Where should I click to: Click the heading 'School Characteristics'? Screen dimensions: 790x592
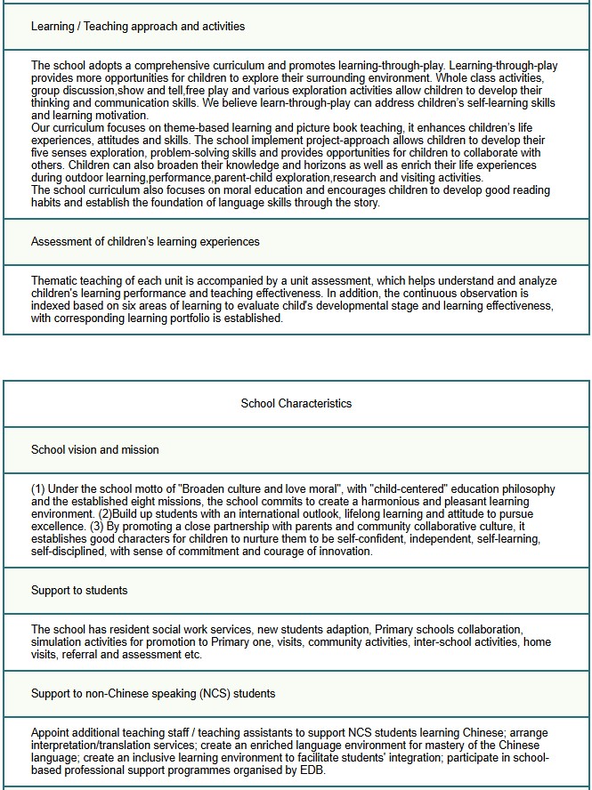click(x=296, y=403)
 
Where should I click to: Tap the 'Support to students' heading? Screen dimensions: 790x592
click(x=79, y=590)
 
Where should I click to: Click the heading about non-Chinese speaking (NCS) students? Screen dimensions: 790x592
click(x=153, y=693)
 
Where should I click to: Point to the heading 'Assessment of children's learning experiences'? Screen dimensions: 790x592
click(x=145, y=241)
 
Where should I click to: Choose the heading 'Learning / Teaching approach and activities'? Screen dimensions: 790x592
click(x=138, y=26)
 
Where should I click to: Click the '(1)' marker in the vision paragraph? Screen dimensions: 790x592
click(x=38, y=489)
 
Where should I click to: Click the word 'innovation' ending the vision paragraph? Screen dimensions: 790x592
click(x=343, y=552)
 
